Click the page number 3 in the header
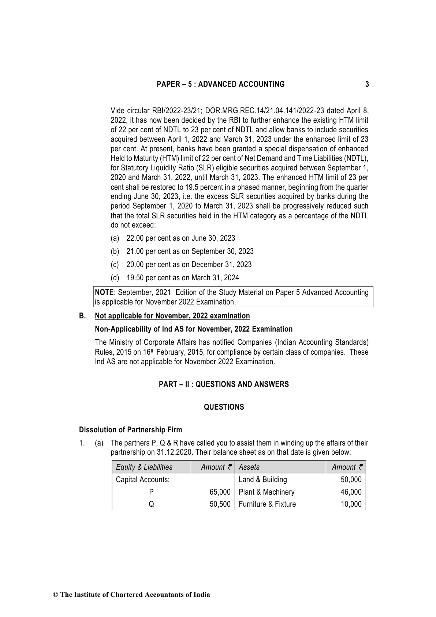pos(367,84)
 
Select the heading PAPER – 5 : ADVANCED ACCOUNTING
pos(220,84)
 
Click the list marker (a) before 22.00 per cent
pos(115,238)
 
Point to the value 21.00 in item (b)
pos(135,251)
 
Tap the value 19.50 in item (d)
pos(135,278)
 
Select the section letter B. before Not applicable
pos(82,316)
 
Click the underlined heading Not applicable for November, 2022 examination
pos(172,316)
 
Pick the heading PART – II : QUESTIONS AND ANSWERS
pos(224,384)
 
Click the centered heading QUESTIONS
pos(224,407)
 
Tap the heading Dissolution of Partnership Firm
pos(130,430)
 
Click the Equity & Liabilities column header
pos(144,467)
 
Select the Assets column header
pos(249,467)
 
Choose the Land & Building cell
pos(262,480)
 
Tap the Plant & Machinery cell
pos(266,492)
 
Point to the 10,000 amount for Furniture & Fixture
pos(351,504)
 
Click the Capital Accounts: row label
pos(142,480)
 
